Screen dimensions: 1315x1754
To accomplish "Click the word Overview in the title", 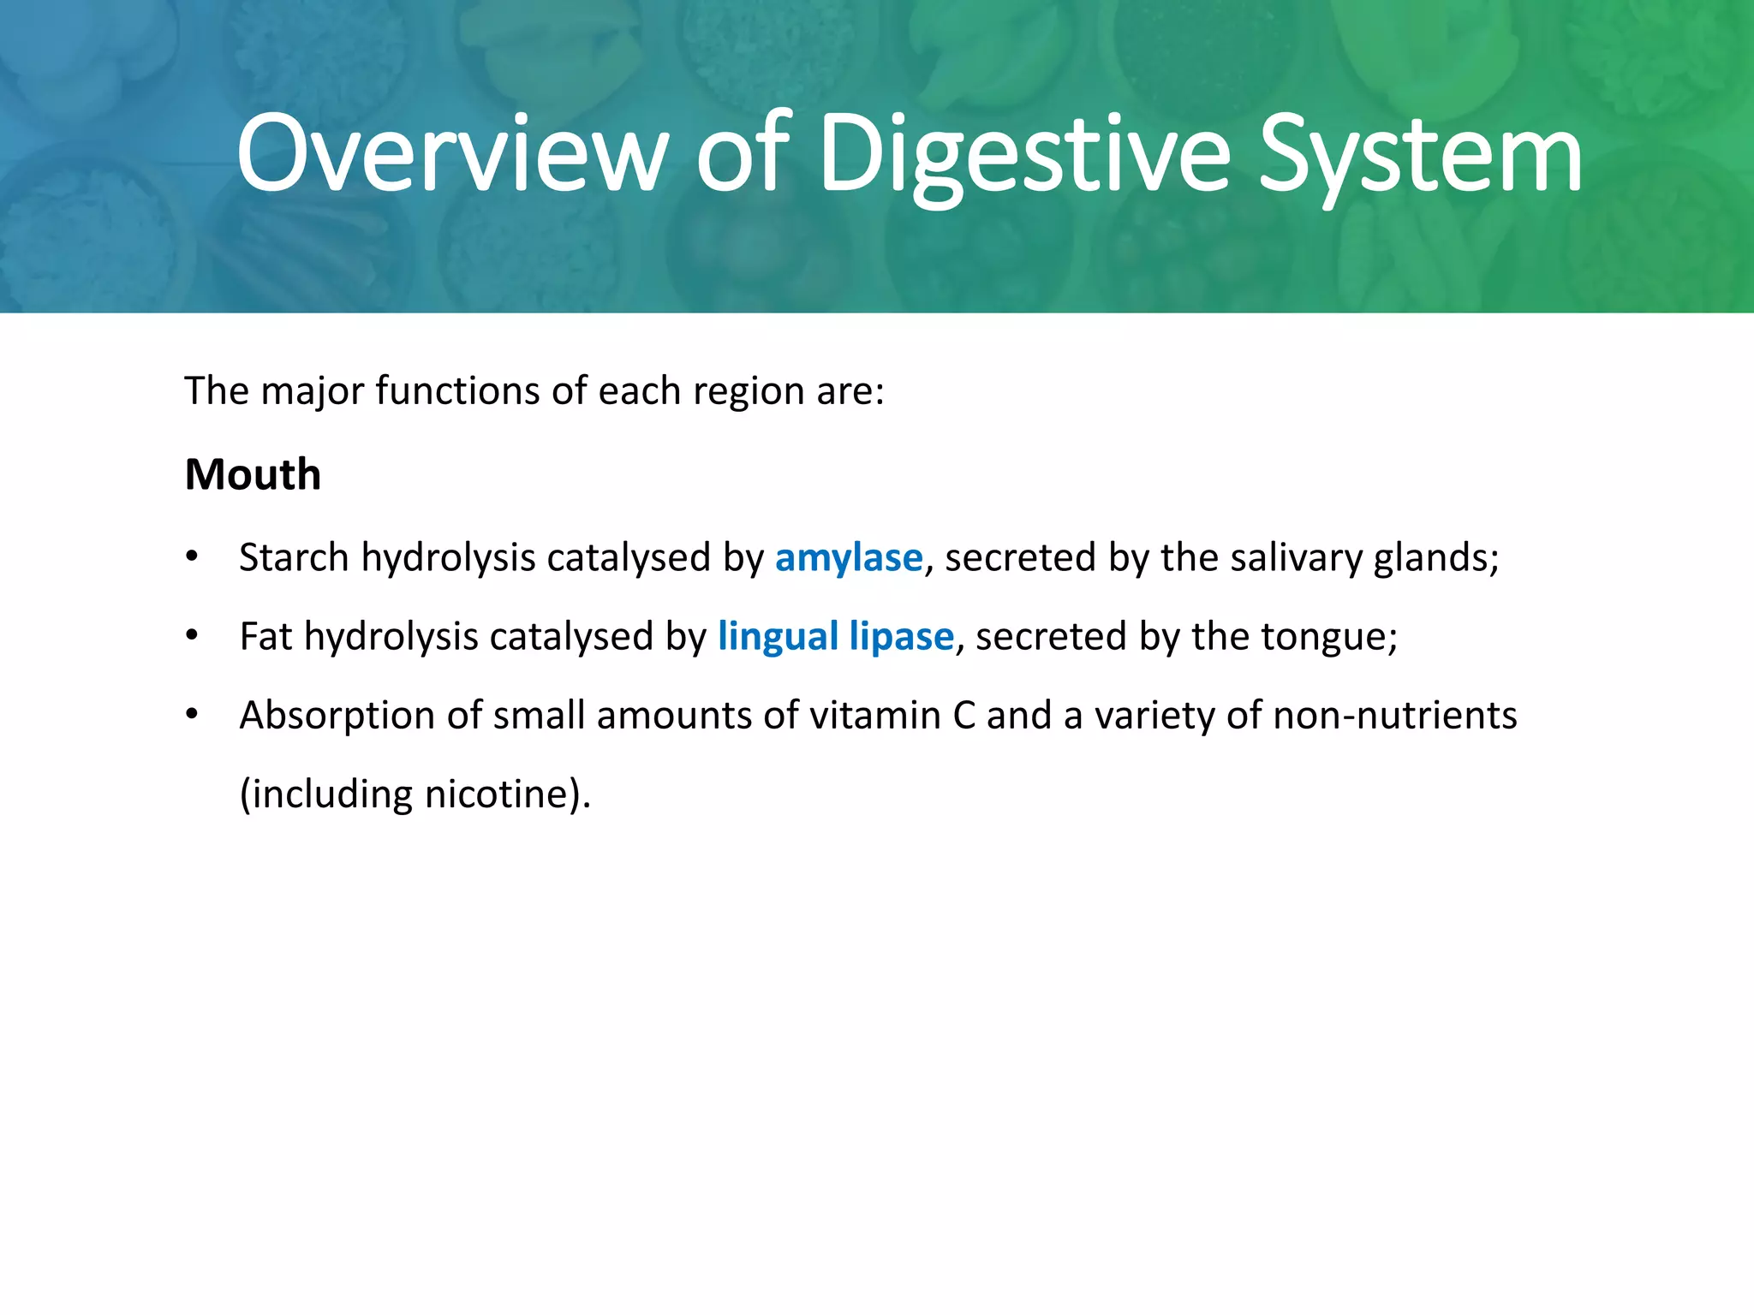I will (451, 156).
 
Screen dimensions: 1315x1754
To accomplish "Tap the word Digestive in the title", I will (1024, 156).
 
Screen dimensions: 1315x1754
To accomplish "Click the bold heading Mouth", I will (253, 474).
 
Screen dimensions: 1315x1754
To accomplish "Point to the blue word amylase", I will (849, 558).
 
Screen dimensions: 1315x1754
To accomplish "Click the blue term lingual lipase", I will (835, 637).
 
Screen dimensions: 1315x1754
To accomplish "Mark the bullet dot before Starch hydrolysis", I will (192, 558).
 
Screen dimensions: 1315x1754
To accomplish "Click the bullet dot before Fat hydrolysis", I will (192, 637).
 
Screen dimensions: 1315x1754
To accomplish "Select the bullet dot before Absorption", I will (192, 716).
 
